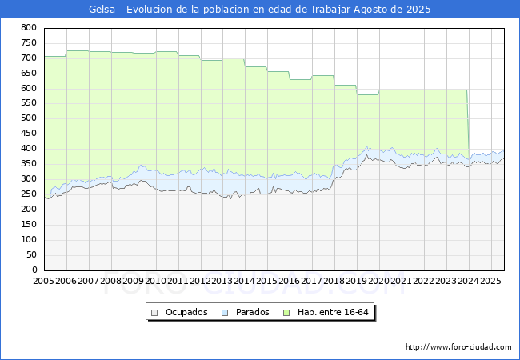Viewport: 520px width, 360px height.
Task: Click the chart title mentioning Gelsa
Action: point(260,10)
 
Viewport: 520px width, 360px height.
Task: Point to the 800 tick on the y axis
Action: point(29,27)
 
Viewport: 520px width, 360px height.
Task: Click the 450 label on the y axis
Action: point(29,134)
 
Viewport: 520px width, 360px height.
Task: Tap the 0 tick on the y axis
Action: point(34,270)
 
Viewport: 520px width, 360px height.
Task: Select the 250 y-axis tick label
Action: point(29,194)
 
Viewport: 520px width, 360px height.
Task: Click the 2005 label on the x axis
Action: point(43,281)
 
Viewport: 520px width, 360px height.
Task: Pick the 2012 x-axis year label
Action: point(200,281)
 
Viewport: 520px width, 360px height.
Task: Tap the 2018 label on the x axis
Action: point(334,281)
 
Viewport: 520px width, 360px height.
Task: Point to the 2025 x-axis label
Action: point(490,281)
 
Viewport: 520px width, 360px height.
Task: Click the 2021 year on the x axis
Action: point(401,281)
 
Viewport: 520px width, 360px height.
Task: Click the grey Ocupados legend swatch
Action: point(154,313)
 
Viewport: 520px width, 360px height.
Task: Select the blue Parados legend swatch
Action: point(225,313)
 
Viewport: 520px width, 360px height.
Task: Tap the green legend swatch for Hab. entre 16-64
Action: point(286,313)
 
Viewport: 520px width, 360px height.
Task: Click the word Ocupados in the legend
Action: point(186,312)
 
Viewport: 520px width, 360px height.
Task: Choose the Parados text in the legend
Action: point(252,312)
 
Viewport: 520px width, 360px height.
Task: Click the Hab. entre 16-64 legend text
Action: point(333,312)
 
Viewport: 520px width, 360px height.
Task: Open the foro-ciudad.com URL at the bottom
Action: point(458,347)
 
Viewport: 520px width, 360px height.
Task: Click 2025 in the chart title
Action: point(418,10)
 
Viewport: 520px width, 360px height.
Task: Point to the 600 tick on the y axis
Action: point(29,88)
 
